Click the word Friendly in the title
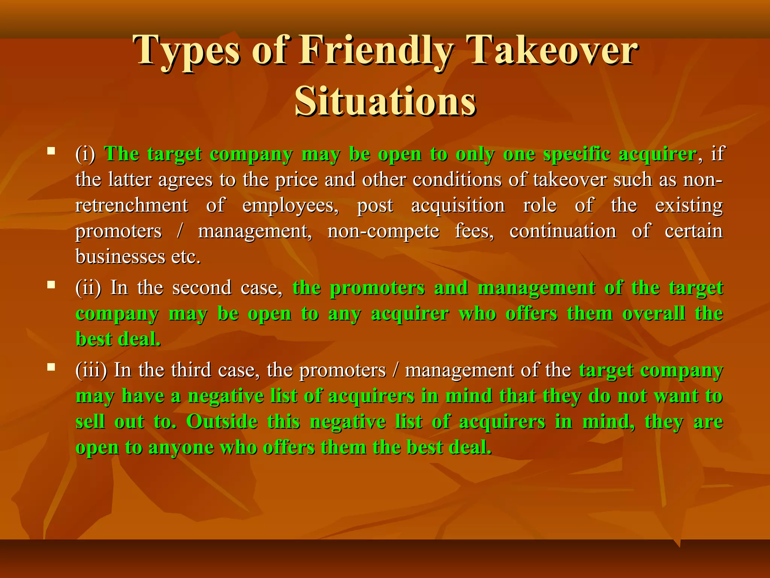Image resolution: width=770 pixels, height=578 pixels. point(376,51)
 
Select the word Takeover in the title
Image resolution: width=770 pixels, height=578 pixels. point(553,51)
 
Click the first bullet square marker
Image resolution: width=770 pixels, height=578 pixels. point(52,152)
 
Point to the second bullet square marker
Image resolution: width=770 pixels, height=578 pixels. point(52,285)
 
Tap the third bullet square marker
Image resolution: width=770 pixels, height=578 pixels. point(52,367)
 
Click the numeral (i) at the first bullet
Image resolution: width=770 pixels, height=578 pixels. point(85,154)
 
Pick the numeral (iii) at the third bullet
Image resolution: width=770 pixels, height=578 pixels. point(91,370)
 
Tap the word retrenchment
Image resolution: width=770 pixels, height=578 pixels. point(132,206)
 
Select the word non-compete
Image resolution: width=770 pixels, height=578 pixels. point(383,231)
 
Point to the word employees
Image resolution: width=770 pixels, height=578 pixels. point(290,206)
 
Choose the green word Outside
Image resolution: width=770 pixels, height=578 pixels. point(222,422)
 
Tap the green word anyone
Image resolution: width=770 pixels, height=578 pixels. point(181,448)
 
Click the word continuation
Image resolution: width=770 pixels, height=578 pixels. point(563,231)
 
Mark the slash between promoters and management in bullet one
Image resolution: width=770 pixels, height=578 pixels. point(180,231)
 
